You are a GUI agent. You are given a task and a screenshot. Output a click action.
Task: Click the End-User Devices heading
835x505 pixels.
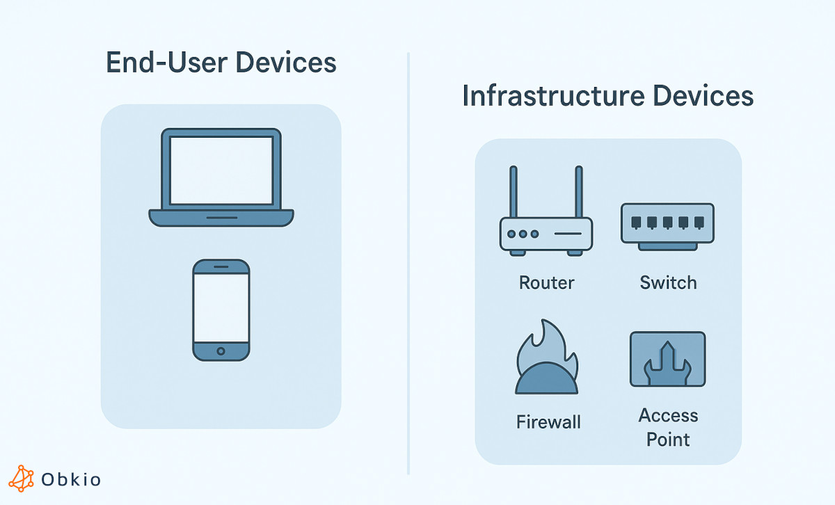click(221, 63)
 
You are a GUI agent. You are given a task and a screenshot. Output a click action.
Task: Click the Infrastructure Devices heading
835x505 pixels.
click(607, 96)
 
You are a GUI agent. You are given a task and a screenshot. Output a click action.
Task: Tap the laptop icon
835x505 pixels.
click(221, 177)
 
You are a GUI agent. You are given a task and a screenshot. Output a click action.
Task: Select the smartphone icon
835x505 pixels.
click(221, 310)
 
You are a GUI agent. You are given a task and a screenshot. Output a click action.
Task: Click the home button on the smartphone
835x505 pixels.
click(221, 351)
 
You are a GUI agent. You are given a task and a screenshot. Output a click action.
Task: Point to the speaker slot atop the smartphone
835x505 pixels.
click(221, 267)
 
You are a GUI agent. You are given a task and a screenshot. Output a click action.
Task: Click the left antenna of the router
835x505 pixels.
click(514, 192)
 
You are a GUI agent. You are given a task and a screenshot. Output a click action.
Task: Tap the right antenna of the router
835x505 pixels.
click(578, 192)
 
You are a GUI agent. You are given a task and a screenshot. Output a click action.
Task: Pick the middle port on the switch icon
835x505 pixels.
click(667, 223)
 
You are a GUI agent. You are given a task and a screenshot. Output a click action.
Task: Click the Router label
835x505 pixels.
click(546, 283)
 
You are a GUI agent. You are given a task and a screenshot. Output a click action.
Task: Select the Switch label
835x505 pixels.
click(667, 283)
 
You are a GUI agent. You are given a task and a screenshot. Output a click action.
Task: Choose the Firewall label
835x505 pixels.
click(548, 422)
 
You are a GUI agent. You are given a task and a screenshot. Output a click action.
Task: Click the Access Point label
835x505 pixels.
click(668, 427)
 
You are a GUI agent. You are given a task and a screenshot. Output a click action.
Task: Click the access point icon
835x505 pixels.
click(667, 359)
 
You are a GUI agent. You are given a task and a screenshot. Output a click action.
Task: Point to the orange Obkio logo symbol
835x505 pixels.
click(22, 479)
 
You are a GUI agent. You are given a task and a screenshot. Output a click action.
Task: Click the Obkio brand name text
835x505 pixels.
click(71, 479)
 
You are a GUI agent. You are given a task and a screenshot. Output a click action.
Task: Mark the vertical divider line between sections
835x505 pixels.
click(408, 264)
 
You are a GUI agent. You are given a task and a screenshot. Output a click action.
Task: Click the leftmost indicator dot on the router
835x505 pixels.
click(511, 234)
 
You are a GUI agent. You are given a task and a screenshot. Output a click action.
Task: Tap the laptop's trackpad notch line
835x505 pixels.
click(221, 217)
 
